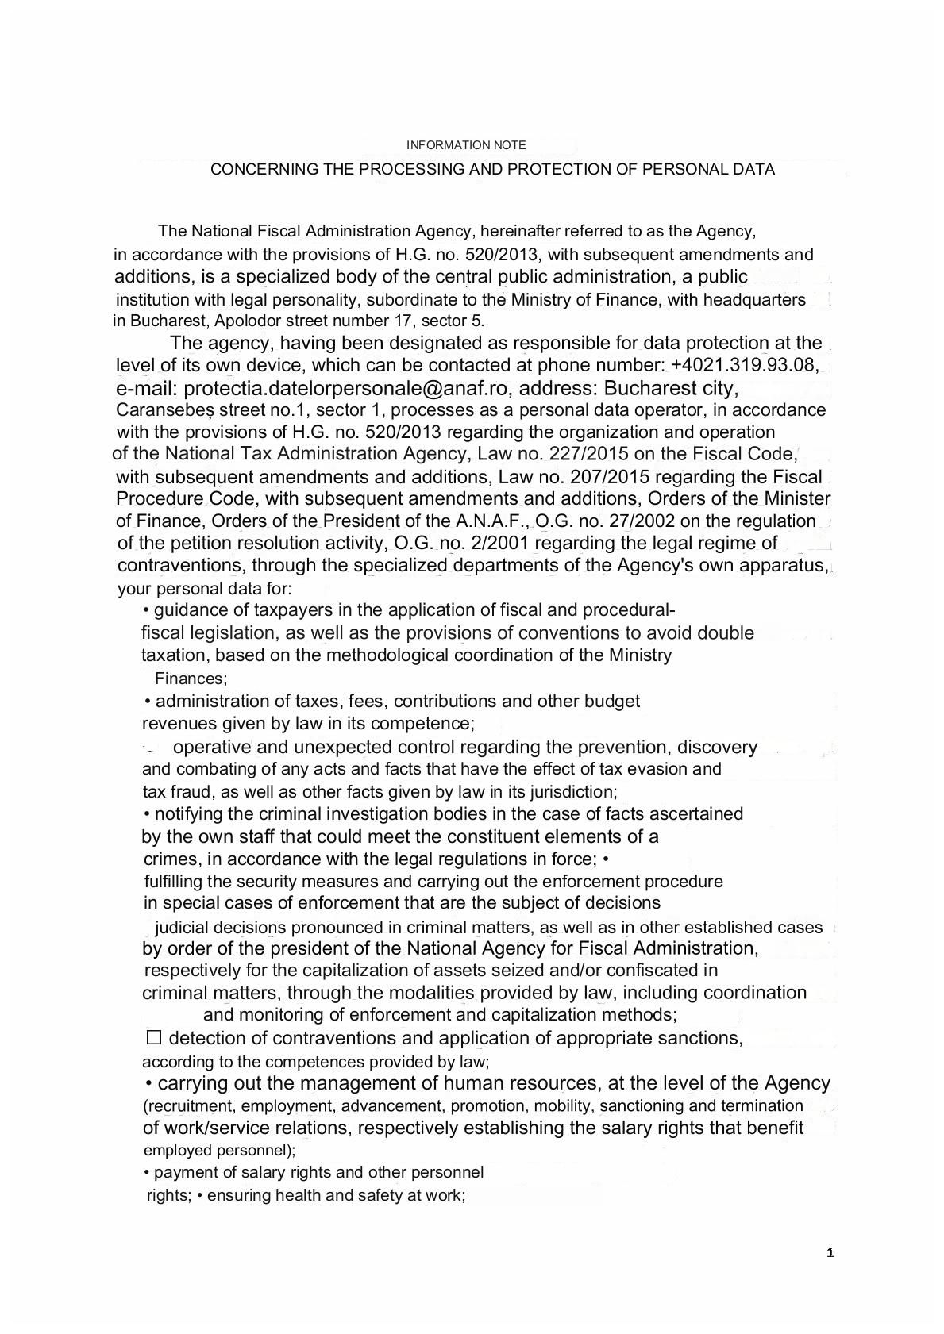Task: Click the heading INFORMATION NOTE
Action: click(x=466, y=145)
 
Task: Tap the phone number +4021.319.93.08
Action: click(x=745, y=365)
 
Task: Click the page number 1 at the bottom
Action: click(x=830, y=1254)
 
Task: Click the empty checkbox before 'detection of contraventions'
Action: click(x=154, y=1037)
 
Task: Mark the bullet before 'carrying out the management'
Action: click(x=149, y=1084)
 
